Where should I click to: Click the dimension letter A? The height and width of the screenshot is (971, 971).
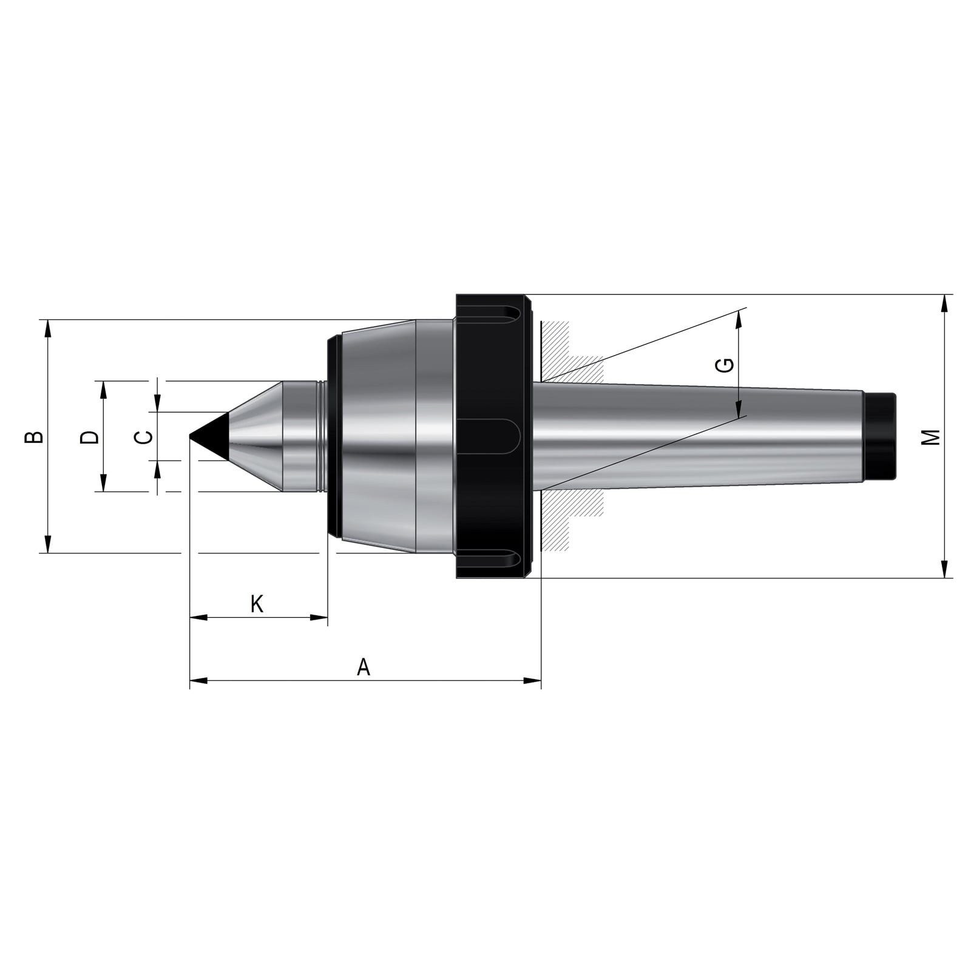[363, 667]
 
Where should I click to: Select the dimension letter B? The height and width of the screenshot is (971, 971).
[34, 436]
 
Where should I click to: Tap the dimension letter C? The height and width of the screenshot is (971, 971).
[143, 436]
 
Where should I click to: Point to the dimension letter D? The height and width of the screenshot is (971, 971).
[89, 436]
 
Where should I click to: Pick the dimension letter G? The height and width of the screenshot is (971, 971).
[725, 365]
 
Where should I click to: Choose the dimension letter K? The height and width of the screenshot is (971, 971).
[257, 604]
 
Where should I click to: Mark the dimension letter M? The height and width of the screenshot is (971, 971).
[930, 436]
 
